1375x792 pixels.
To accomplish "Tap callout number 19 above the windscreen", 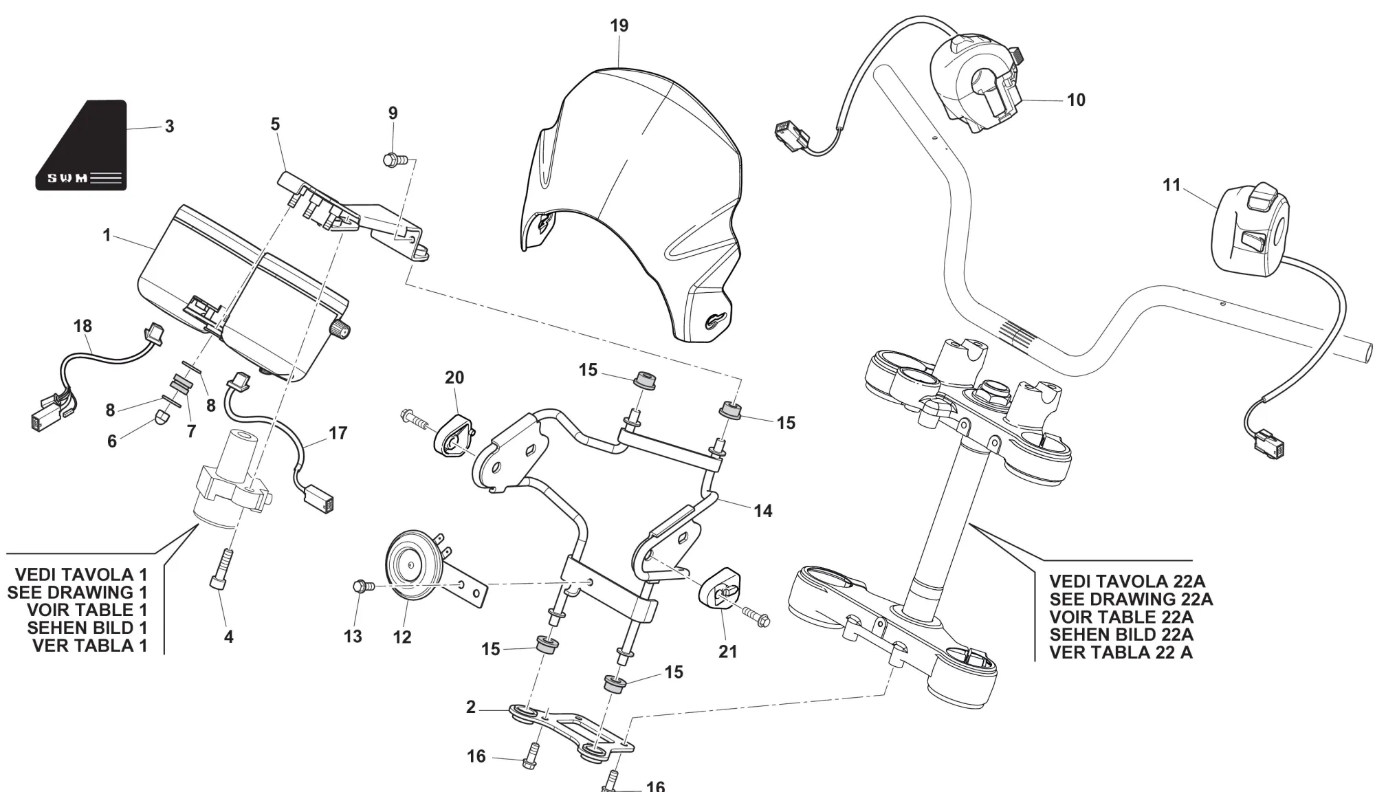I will pos(619,25).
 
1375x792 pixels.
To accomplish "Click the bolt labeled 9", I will pos(393,160).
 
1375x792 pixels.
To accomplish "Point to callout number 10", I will pos(1075,100).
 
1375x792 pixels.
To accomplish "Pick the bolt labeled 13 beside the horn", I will pos(360,586).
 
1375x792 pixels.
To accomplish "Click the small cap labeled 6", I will pos(160,415).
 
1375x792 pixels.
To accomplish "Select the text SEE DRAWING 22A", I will pos(1130,599).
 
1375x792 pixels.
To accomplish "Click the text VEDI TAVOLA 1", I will pos(81,575).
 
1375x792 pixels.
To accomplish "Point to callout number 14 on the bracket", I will pos(762,511).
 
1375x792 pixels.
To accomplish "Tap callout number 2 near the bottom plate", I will pos(471,707).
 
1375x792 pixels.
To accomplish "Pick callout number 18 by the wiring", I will pos(82,326).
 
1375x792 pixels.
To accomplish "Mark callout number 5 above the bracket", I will pos(275,124).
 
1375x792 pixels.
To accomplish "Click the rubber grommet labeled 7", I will pos(181,384).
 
